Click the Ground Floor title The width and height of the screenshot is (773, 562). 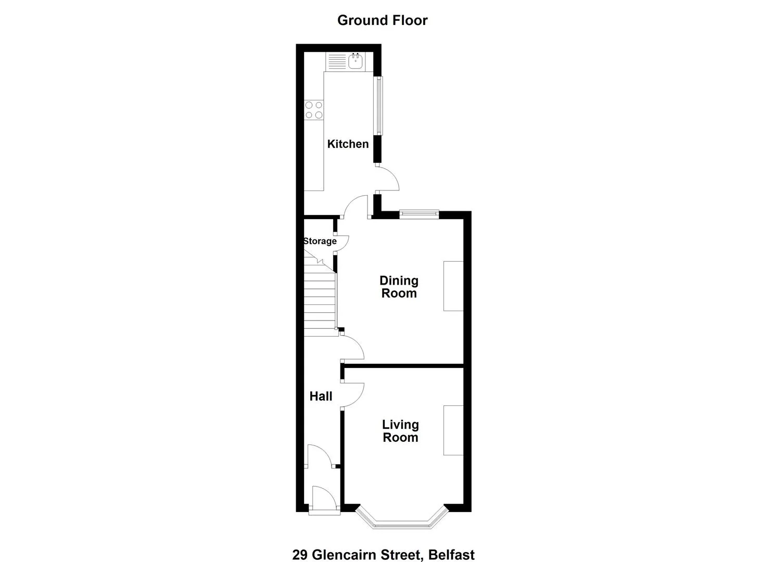[383, 20]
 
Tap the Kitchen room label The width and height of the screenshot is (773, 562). [348, 144]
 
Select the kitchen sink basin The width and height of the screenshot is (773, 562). [355, 62]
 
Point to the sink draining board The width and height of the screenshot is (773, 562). [337, 62]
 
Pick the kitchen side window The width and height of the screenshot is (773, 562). [379, 106]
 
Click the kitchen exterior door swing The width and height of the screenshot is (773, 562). [387, 178]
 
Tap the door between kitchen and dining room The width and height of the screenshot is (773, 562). [356, 207]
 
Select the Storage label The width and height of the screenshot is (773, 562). [320, 241]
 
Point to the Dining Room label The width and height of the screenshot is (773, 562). [399, 287]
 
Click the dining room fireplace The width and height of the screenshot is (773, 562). [453, 286]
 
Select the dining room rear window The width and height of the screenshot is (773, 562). [419, 214]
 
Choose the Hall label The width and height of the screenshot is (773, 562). [321, 397]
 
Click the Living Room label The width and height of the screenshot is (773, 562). [400, 431]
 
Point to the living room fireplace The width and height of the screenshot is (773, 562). [453, 430]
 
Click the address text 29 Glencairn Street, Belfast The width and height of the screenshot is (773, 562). [384, 545]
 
